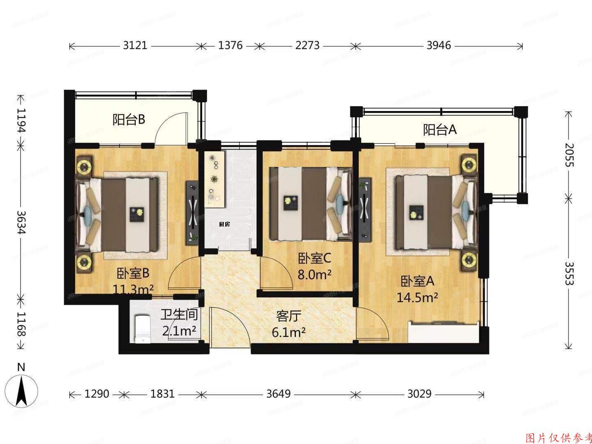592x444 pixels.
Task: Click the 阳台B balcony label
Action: coord(129,120)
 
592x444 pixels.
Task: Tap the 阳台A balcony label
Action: coord(440,130)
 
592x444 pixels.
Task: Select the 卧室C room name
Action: coord(314,258)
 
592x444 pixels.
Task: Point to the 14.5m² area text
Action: coord(417,297)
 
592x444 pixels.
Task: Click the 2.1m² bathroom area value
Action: coord(179,331)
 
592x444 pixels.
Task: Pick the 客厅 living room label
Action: coord(289,316)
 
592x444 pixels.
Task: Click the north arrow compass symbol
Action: coord(21,388)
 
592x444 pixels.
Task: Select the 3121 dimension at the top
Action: coord(135,45)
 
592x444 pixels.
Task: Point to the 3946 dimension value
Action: coord(438,45)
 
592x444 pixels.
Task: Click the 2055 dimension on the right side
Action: coord(569,155)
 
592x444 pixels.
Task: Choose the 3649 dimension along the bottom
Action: coord(278,394)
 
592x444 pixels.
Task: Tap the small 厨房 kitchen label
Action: coord(224,224)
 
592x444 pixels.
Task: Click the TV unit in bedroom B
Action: coord(192,211)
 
